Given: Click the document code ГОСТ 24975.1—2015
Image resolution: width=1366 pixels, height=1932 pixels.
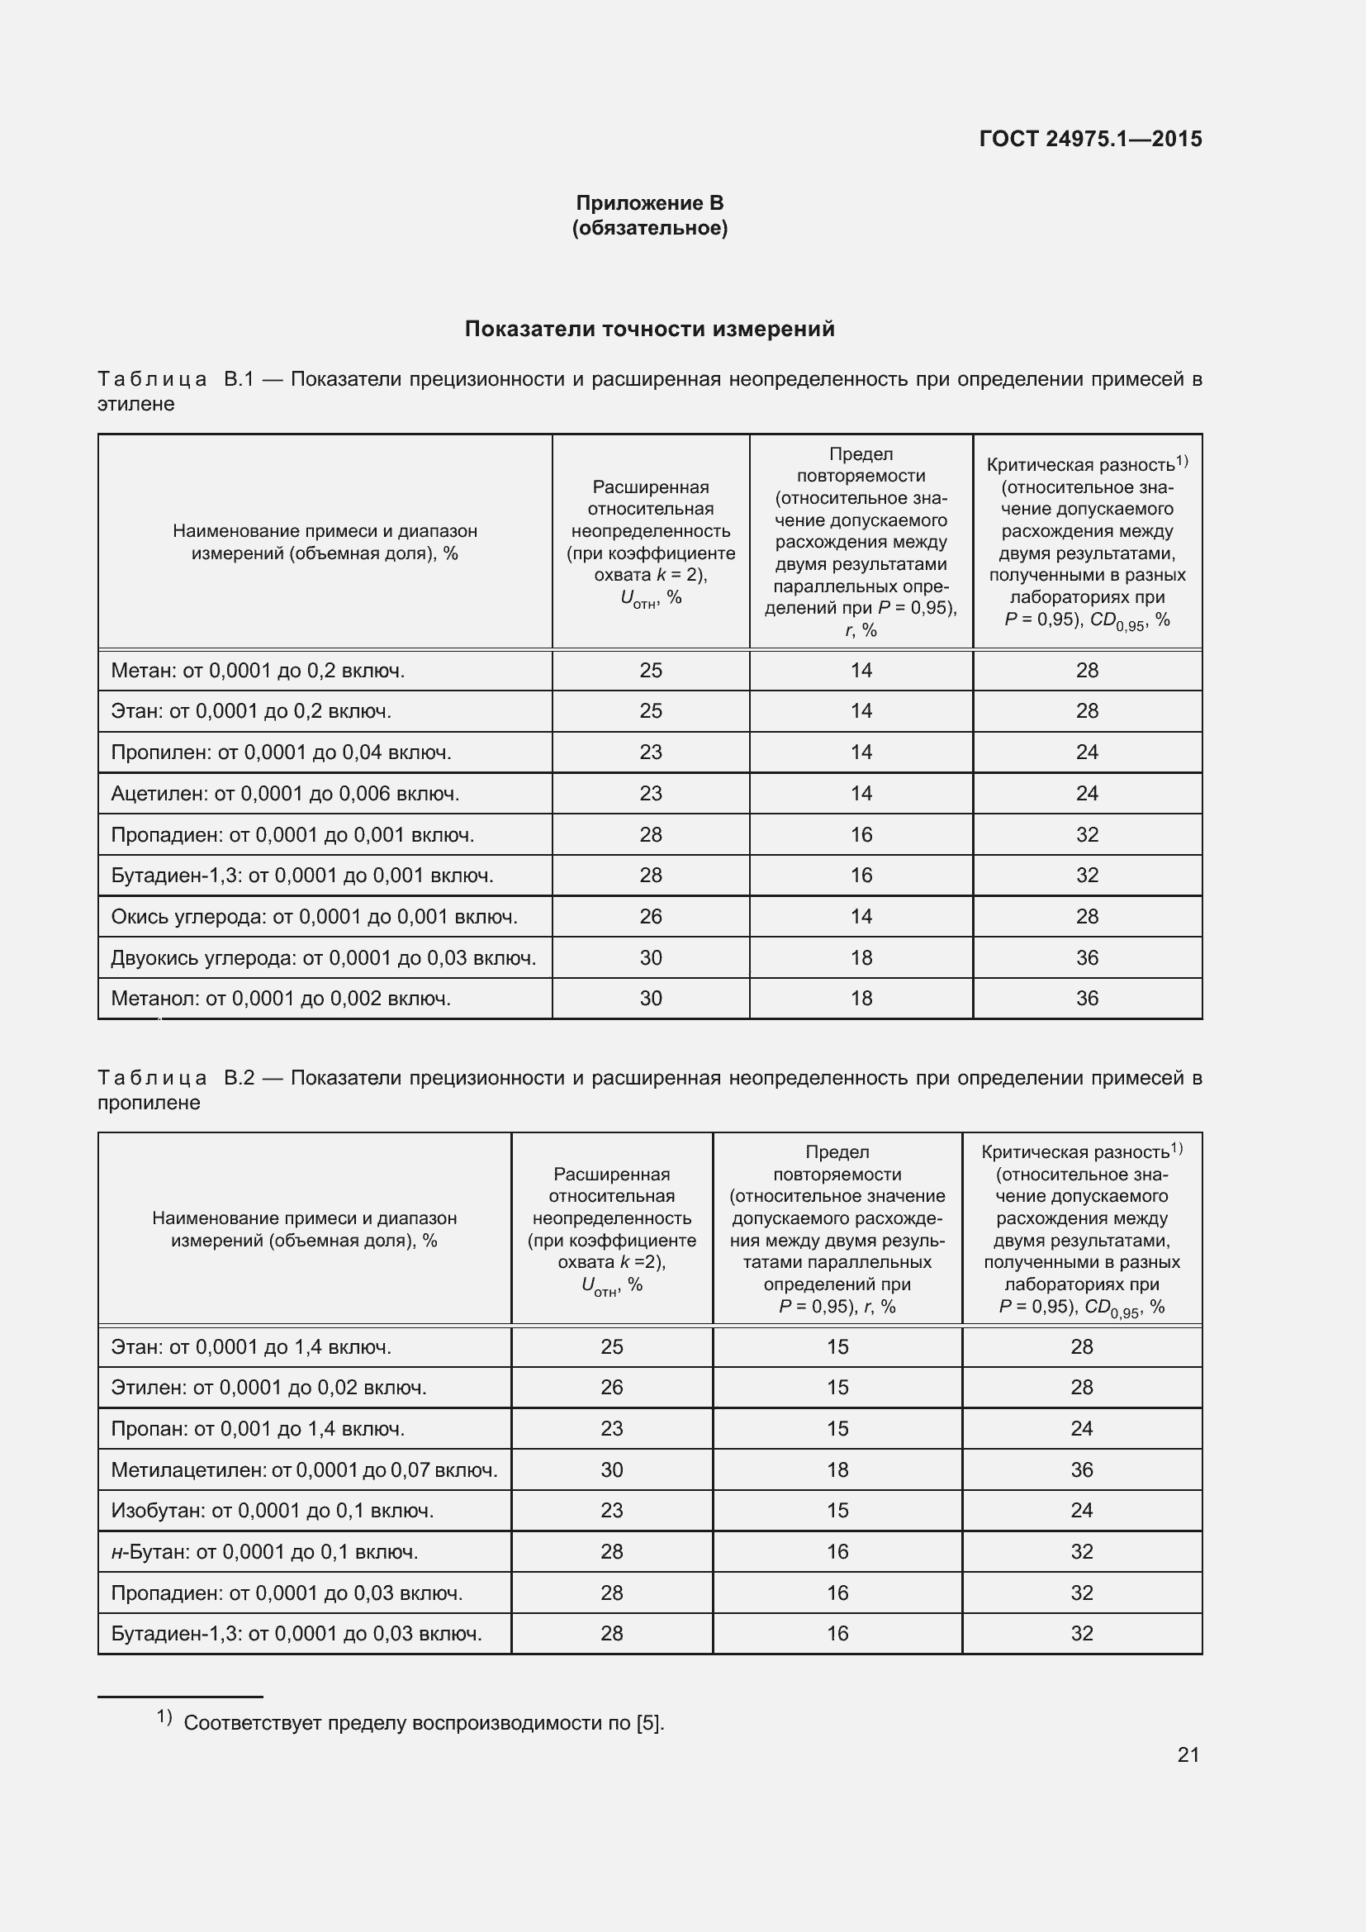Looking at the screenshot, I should [1090, 139].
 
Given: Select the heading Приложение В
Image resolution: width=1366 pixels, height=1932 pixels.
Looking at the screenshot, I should [649, 203].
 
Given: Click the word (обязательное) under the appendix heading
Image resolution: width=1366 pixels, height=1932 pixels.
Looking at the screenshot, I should [649, 228].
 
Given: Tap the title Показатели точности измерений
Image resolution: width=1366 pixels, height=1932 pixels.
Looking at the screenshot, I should [649, 329].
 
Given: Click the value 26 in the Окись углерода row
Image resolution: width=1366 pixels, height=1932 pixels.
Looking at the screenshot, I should [650, 916].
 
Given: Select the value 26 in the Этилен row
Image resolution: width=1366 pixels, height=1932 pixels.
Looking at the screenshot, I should [611, 1388].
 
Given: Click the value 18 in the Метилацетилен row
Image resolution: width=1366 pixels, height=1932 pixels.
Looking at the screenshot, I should [837, 1470].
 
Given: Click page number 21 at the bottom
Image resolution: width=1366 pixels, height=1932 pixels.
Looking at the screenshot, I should [1188, 1754].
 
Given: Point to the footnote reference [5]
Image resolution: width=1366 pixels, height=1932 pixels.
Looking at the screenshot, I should [648, 1723].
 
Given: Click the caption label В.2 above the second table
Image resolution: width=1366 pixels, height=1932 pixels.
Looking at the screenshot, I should [239, 1078].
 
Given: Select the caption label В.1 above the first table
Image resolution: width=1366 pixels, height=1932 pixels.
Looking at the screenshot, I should [239, 379].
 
